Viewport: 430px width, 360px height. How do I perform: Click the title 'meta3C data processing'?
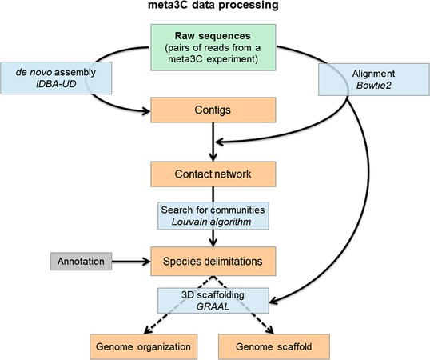[x=213, y=5]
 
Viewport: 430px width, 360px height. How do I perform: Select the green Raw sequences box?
[x=213, y=47]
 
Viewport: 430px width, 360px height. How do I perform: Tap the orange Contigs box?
[x=213, y=110]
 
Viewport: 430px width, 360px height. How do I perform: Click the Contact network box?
[x=213, y=174]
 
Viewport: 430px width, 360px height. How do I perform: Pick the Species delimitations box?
[x=213, y=262]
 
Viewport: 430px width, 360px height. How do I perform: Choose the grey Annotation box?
[x=82, y=262]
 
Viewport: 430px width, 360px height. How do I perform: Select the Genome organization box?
[x=143, y=346]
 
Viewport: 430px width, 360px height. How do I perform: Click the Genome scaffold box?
[x=274, y=346]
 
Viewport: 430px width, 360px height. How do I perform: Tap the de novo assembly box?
[x=56, y=78]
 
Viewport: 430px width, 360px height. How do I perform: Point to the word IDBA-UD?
[x=56, y=84]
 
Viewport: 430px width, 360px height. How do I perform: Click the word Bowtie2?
[x=374, y=86]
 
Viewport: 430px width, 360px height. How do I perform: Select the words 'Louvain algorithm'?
[x=211, y=222]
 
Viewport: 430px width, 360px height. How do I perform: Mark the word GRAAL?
[x=213, y=306]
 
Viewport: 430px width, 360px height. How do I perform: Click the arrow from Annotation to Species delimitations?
[x=131, y=262]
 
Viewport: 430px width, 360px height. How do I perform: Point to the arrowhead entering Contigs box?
[x=146, y=111]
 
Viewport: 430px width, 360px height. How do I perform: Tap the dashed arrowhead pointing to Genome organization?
[x=148, y=330]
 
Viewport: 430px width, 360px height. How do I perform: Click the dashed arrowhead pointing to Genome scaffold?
[x=269, y=330]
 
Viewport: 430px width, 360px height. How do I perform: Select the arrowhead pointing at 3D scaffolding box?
[x=273, y=301]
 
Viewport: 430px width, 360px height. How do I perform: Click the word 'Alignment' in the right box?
[x=373, y=74]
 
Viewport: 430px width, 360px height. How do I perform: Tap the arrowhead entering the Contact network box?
[x=213, y=158]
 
